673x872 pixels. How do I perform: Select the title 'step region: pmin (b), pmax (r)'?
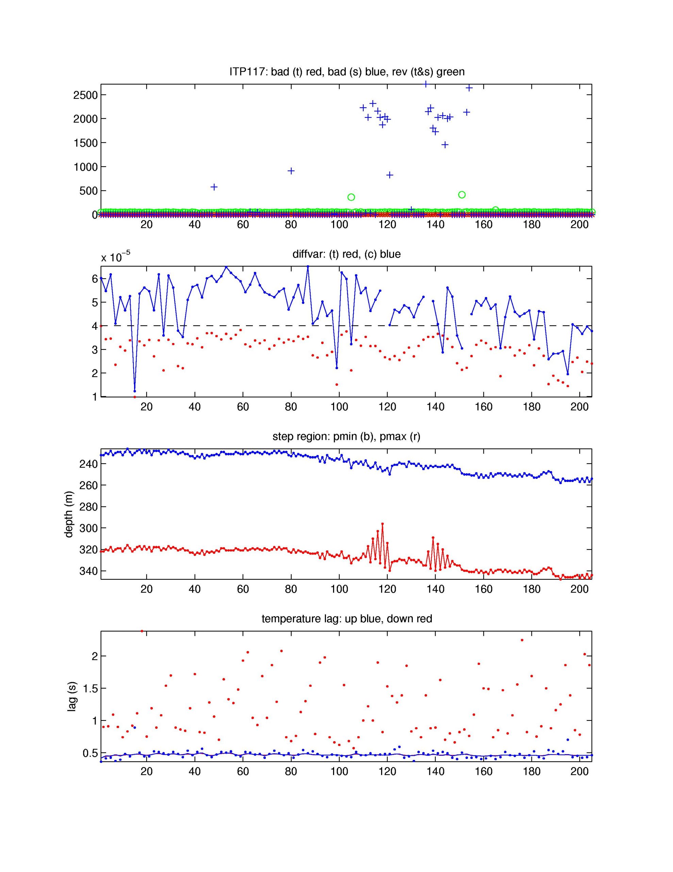point(346,436)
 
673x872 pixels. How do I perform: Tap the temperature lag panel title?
point(346,619)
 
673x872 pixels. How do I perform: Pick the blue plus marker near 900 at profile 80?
point(291,171)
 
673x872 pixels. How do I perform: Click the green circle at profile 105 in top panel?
point(351,197)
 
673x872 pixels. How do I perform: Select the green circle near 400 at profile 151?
point(462,194)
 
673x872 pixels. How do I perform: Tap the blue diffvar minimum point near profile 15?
point(134,391)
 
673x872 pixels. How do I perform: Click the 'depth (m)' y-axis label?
point(69,514)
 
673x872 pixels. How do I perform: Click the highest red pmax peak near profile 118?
point(382,524)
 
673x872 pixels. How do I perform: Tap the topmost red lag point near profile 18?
point(142,631)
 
